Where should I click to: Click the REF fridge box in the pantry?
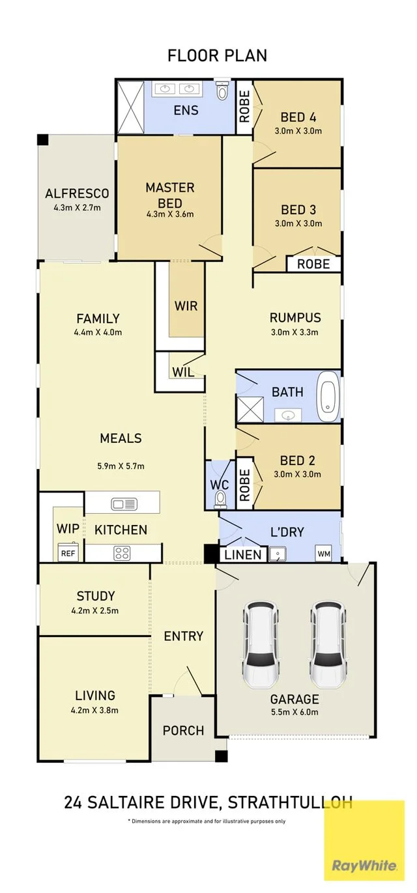point(68,553)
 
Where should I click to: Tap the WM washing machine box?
point(324,554)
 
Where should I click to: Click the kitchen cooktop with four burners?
point(121,552)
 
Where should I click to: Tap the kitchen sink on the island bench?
point(124,503)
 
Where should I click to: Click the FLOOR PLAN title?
point(217,56)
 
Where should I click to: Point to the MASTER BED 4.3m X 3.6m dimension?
point(170,214)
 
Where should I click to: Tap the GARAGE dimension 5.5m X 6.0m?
point(295,712)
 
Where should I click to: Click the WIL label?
point(183,372)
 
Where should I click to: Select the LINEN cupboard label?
point(243,554)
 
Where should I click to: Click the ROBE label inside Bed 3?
point(314,264)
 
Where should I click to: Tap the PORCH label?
point(183,730)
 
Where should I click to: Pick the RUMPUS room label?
point(295,318)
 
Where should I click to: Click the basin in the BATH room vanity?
point(288,416)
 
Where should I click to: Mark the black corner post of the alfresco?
point(42,140)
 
